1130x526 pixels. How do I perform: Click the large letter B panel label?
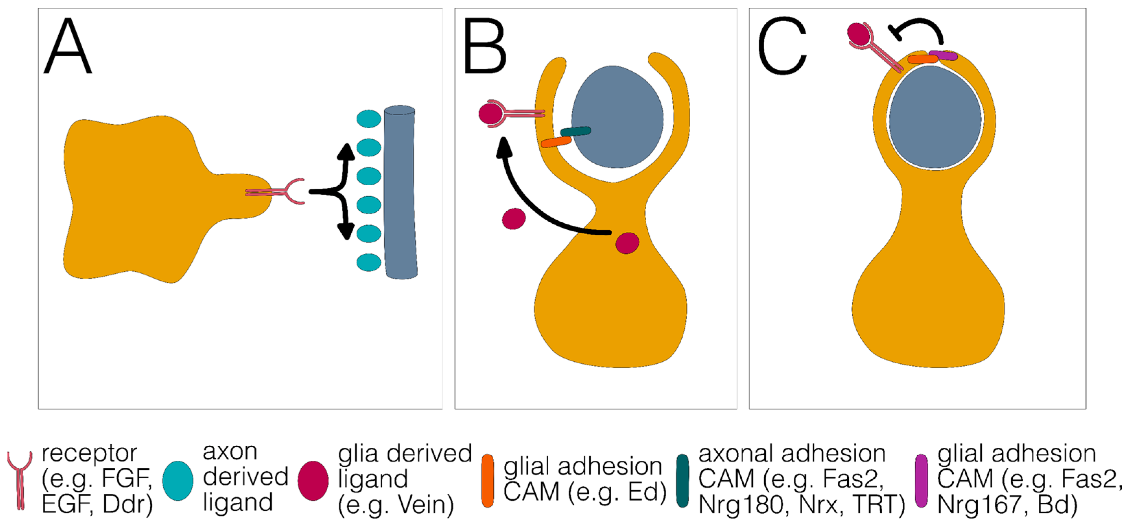[x=484, y=47]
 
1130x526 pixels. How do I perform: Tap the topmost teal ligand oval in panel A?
[x=368, y=119]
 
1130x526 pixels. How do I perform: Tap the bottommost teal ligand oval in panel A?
[x=368, y=262]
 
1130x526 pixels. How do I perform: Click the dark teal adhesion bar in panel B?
[x=576, y=131]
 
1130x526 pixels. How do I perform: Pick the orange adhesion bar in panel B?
[x=556, y=142]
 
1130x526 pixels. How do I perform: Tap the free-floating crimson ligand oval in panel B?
[x=514, y=219]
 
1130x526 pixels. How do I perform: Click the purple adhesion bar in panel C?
[x=943, y=56]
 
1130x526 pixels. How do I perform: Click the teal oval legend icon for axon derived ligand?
[x=178, y=480]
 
